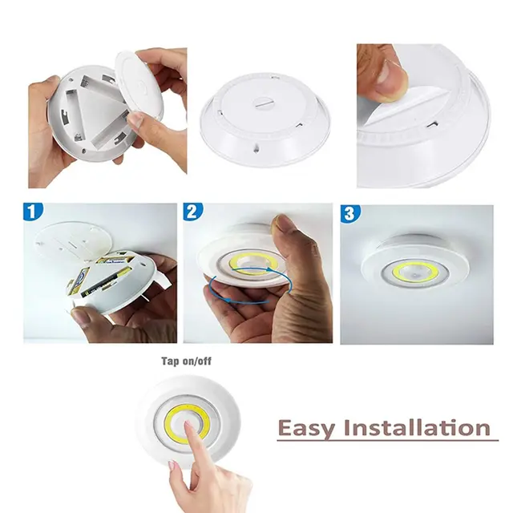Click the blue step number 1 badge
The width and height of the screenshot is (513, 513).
coord(33,211)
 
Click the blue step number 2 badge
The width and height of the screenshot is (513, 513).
coord(192,211)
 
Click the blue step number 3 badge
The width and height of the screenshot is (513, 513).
coord(350,212)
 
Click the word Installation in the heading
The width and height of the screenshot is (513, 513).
coord(417,426)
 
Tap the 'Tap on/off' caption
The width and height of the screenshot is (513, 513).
coord(186,362)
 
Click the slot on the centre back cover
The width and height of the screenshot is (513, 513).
coord(265,105)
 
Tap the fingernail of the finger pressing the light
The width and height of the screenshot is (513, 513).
coord(187,426)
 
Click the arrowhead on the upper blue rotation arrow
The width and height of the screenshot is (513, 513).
coord(269,269)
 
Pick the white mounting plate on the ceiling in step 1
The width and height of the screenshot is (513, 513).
coord(72,243)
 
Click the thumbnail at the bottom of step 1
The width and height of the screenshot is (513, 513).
coord(79,316)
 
